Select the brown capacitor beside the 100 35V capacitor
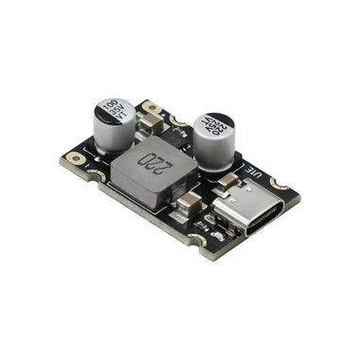pyautogui.click(x=152, y=113)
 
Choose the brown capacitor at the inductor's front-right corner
pyautogui.click(x=190, y=201)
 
